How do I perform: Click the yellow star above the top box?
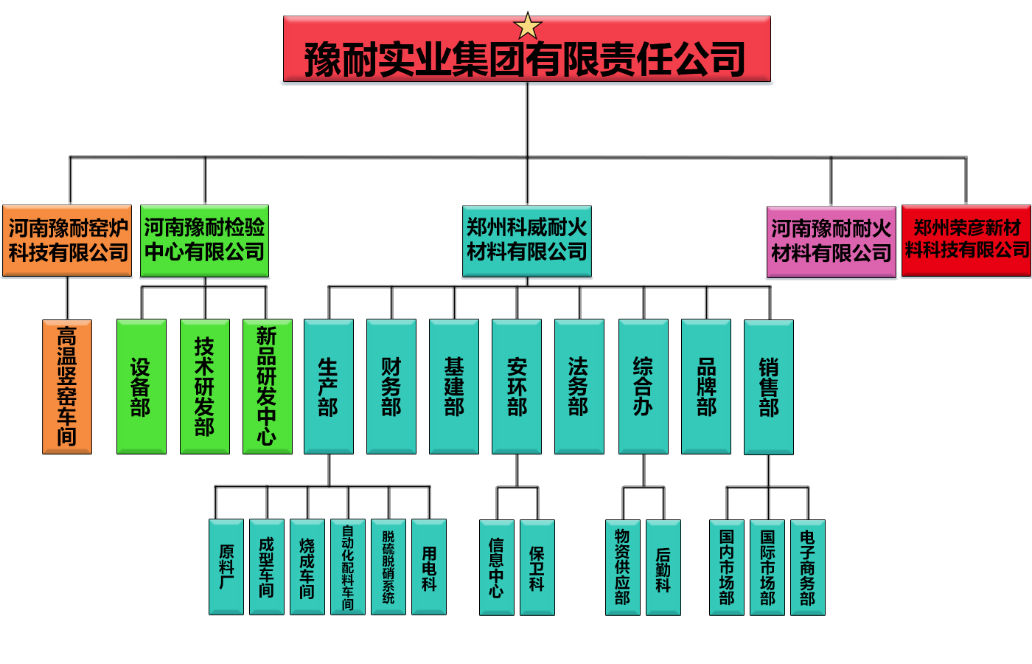click(527, 26)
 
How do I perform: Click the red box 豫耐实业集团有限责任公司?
click(527, 49)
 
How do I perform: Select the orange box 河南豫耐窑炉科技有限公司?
click(67, 241)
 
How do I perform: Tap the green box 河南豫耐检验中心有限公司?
click(205, 241)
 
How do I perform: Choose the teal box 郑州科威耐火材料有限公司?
click(527, 241)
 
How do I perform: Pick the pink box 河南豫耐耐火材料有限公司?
click(831, 242)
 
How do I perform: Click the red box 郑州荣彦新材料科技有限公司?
click(966, 241)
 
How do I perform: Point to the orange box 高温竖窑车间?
click(67, 387)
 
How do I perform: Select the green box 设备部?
click(142, 387)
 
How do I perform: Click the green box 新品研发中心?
click(268, 387)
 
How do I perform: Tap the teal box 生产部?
click(329, 387)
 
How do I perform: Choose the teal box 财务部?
click(391, 387)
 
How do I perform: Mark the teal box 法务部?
click(579, 387)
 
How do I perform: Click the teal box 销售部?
click(769, 387)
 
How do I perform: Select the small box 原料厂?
click(226, 567)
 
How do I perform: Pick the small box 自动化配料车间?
click(348, 567)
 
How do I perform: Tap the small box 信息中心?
click(497, 567)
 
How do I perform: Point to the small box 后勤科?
click(663, 567)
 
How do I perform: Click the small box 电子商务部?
click(808, 567)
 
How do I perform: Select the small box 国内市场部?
click(727, 567)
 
